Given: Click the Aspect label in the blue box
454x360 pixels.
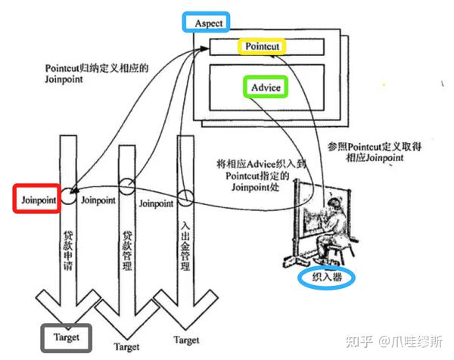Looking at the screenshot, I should click(208, 23).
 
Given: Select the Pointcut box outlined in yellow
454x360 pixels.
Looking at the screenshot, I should click(263, 46).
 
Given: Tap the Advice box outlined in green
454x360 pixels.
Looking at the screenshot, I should click(266, 88).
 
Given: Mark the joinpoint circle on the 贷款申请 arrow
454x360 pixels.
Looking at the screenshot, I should click(68, 195).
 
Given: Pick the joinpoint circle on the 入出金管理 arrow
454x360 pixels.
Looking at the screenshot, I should click(185, 199).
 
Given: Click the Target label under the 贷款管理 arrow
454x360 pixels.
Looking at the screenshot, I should click(126, 347).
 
